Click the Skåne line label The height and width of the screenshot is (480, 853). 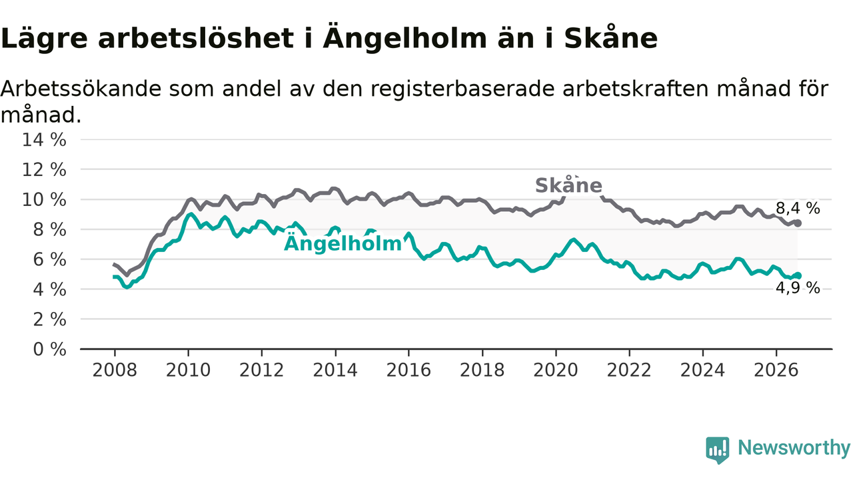[x=568, y=185]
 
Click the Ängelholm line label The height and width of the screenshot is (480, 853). [x=343, y=243]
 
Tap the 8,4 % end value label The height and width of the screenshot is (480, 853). [x=798, y=209]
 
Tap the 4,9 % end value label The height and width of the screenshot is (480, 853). [x=798, y=288]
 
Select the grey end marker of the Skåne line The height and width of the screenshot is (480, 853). [x=798, y=223]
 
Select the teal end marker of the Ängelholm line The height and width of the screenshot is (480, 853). [x=798, y=275]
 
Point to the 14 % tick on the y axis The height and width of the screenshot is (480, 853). [x=44, y=139]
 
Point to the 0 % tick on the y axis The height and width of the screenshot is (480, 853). [x=49, y=349]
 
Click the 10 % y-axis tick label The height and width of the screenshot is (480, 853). [x=44, y=199]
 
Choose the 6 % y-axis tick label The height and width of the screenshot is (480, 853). [x=49, y=259]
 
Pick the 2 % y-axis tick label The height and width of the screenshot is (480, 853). [x=49, y=319]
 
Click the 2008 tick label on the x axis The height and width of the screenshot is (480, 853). [x=115, y=370]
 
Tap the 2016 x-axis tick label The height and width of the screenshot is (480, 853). [x=409, y=370]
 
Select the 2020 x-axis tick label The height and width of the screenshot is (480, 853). [x=556, y=370]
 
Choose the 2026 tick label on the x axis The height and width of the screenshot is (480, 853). [x=776, y=370]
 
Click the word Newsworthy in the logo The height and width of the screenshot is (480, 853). [x=794, y=447]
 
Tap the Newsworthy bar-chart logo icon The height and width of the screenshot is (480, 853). [x=718, y=450]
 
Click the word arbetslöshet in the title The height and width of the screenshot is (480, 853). [x=196, y=39]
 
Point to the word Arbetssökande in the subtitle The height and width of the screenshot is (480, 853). [x=81, y=89]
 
